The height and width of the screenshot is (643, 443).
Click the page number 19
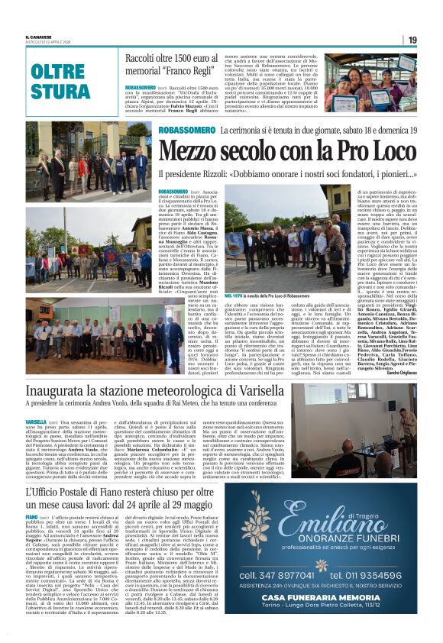pos(412,40)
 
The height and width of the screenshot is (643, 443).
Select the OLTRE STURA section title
pos(60,82)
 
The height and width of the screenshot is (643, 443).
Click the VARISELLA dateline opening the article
pos(35,422)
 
